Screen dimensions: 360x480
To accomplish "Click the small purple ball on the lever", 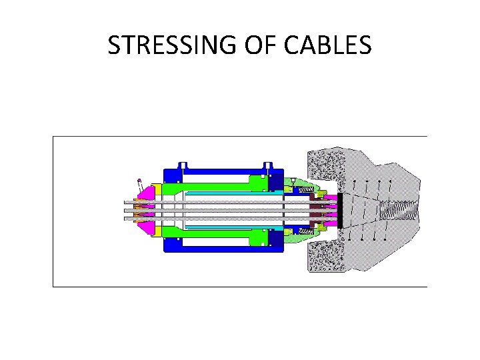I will point(139,180).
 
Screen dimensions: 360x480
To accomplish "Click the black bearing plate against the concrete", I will point(340,209).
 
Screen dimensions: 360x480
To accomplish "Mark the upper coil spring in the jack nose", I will point(305,191).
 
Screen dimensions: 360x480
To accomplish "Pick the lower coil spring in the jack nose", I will point(305,230).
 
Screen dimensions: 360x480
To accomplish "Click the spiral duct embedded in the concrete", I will point(399,210).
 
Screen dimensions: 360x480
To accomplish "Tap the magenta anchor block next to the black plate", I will point(331,209).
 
